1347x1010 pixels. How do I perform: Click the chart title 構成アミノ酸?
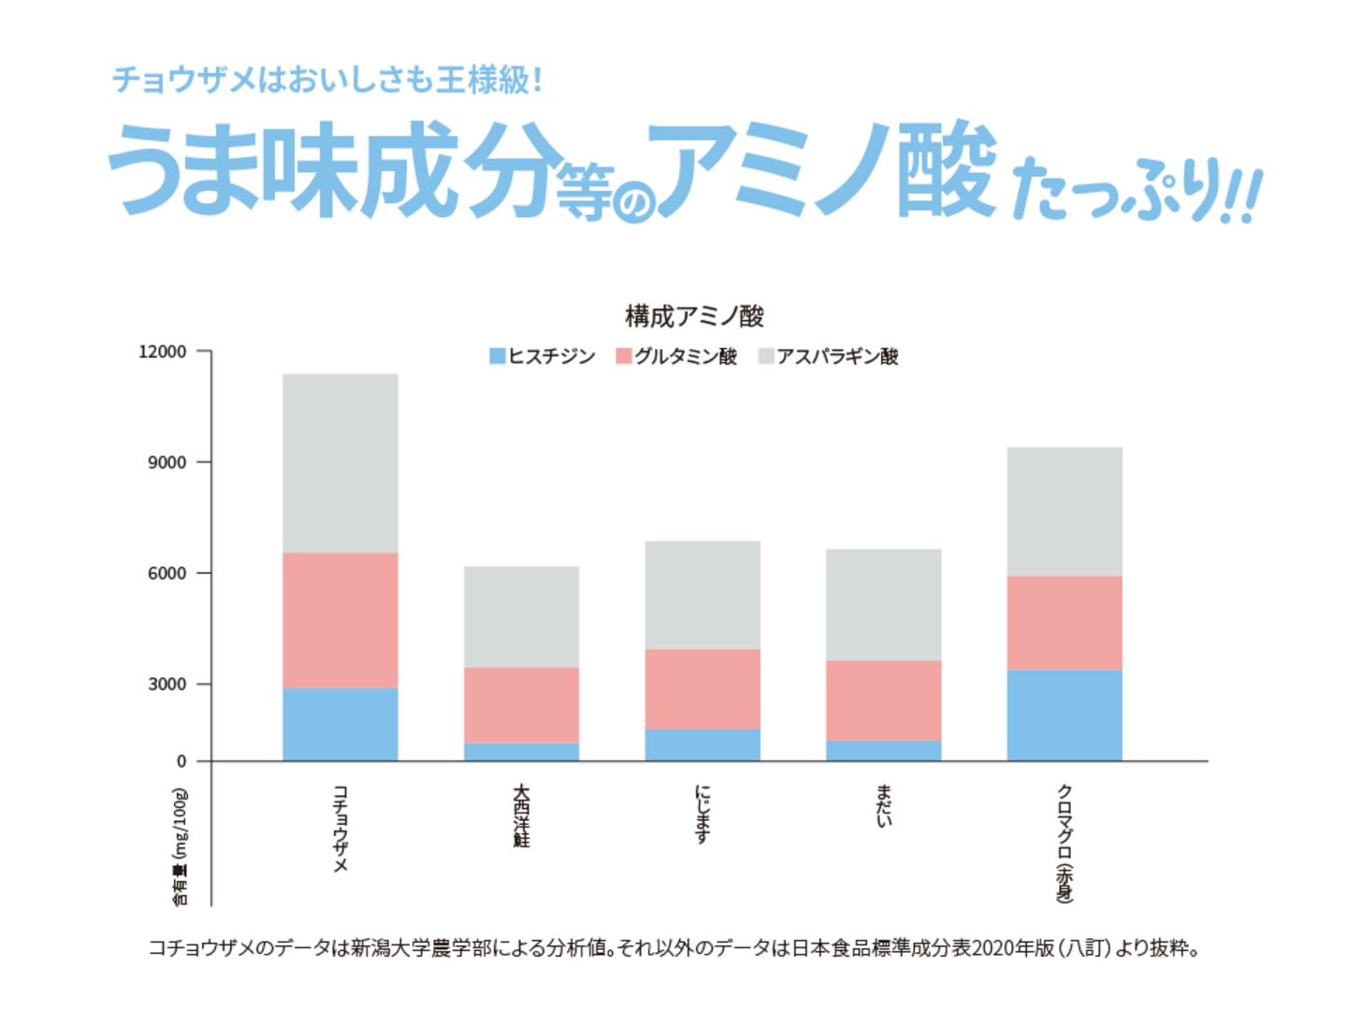pos(694,316)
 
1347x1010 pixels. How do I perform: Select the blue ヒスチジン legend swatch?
pos(498,356)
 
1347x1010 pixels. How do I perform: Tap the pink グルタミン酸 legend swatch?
pos(624,356)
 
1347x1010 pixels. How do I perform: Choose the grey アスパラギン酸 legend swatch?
pos(766,356)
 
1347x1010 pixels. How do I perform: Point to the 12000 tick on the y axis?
pos(163,352)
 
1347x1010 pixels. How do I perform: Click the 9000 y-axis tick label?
pos(167,462)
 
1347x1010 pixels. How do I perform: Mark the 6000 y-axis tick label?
pos(167,573)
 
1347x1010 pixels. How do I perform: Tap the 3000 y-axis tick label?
pos(167,684)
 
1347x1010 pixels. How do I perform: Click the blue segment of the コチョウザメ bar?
pos(340,724)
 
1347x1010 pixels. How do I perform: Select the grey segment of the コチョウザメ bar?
pos(340,463)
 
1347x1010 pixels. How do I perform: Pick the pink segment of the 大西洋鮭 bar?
pos(521,705)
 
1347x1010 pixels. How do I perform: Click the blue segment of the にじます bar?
pos(702,744)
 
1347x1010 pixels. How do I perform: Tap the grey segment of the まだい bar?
pos(884,604)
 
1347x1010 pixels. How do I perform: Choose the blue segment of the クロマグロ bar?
pos(1065,714)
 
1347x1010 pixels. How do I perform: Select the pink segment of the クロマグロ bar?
pos(1065,623)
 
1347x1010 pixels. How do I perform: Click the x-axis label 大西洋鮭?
pos(521,815)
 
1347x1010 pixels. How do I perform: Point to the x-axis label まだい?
pos(884,806)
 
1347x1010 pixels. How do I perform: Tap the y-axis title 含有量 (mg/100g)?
pos(180,847)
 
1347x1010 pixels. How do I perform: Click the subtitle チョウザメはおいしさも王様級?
pos(327,79)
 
